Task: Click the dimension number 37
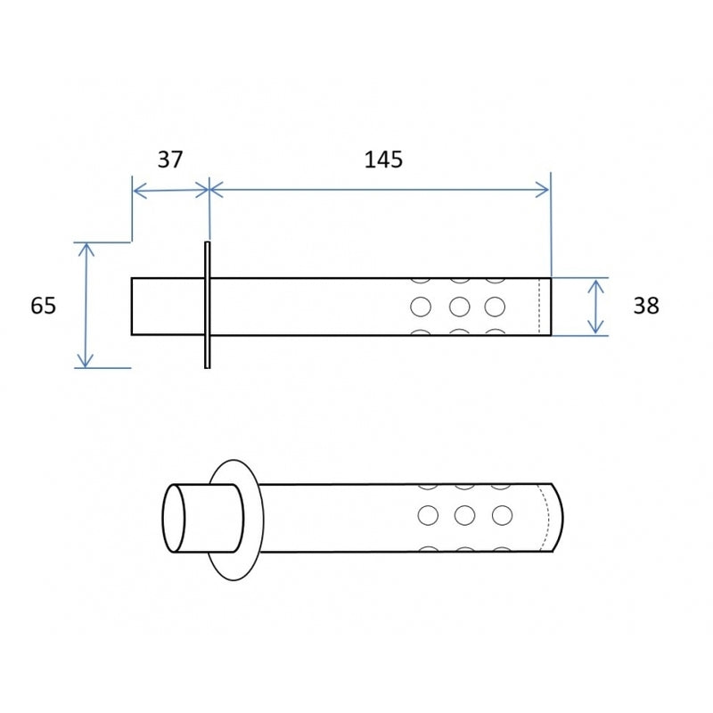[x=170, y=160]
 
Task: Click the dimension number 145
[x=383, y=160]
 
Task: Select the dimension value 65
[x=43, y=305]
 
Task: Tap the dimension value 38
[x=646, y=306]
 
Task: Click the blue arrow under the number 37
[x=171, y=191]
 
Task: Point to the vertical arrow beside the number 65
[x=86, y=305]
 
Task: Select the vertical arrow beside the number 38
[x=595, y=307]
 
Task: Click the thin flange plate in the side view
[x=208, y=305]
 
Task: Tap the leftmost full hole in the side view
[x=421, y=307]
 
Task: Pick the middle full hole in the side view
[x=459, y=307]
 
